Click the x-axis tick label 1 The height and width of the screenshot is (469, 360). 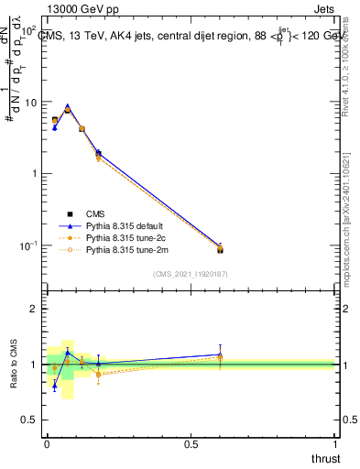[335, 444]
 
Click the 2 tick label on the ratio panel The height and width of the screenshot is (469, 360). [33, 310]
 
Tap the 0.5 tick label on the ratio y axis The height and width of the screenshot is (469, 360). [28, 420]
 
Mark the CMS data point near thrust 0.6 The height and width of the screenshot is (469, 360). [220, 249]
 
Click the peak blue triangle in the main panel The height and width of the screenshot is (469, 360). [68, 106]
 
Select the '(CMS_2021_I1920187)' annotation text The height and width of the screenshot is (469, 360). [190, 274]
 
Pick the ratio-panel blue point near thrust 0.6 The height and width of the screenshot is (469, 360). [220, 354]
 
